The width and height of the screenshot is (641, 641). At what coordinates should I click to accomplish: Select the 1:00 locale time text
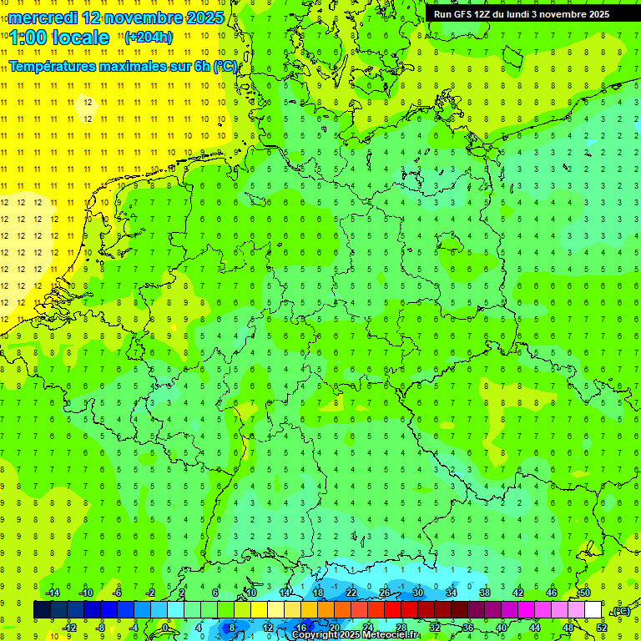click(60, 38)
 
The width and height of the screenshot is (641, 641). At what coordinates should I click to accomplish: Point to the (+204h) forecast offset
click(149, 38)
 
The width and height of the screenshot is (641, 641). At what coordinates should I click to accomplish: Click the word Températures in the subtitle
click(58, 66)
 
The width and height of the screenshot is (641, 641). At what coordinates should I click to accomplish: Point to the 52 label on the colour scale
click(602, 627)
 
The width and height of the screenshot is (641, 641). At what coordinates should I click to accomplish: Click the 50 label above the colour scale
click(585, 593)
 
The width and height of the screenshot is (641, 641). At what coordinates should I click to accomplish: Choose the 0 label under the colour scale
click(165, 627)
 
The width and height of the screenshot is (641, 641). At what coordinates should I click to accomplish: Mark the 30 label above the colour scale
click(417, 593)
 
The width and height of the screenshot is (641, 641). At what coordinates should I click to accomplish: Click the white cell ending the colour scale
click(593, 610)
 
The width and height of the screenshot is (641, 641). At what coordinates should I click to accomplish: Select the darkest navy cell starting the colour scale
click(42, 610)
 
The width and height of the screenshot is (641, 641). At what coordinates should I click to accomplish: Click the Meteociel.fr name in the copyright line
click(390, 635)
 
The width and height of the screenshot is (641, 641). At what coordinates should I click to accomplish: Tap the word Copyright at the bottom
click(315, 635)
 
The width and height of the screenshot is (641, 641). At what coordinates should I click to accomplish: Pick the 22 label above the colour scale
click(351, 593)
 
